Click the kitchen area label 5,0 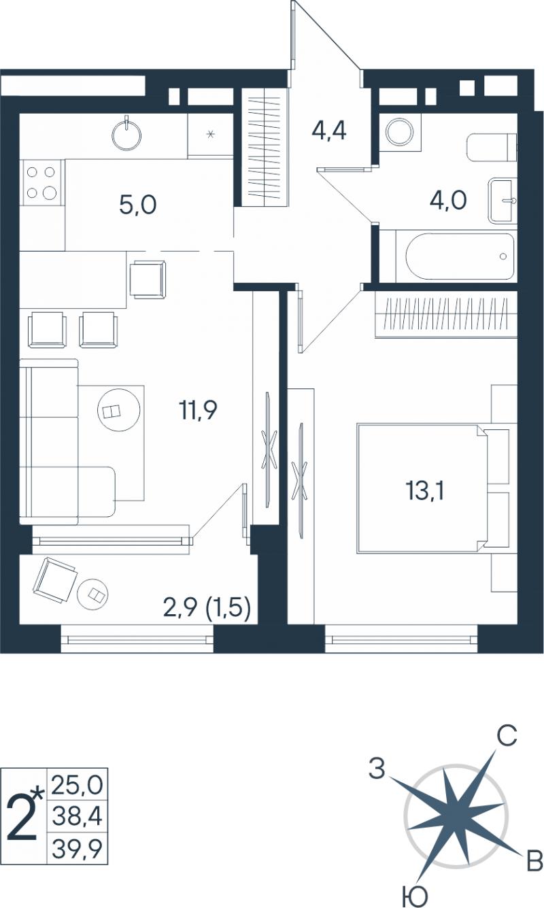138,204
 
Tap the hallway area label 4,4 328,131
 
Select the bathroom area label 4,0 448,200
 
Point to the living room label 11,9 198,410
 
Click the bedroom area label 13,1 424,491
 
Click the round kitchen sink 126,133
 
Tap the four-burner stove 41,182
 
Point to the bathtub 460,256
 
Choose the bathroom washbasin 503,201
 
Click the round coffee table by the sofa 119,410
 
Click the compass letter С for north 507,736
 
